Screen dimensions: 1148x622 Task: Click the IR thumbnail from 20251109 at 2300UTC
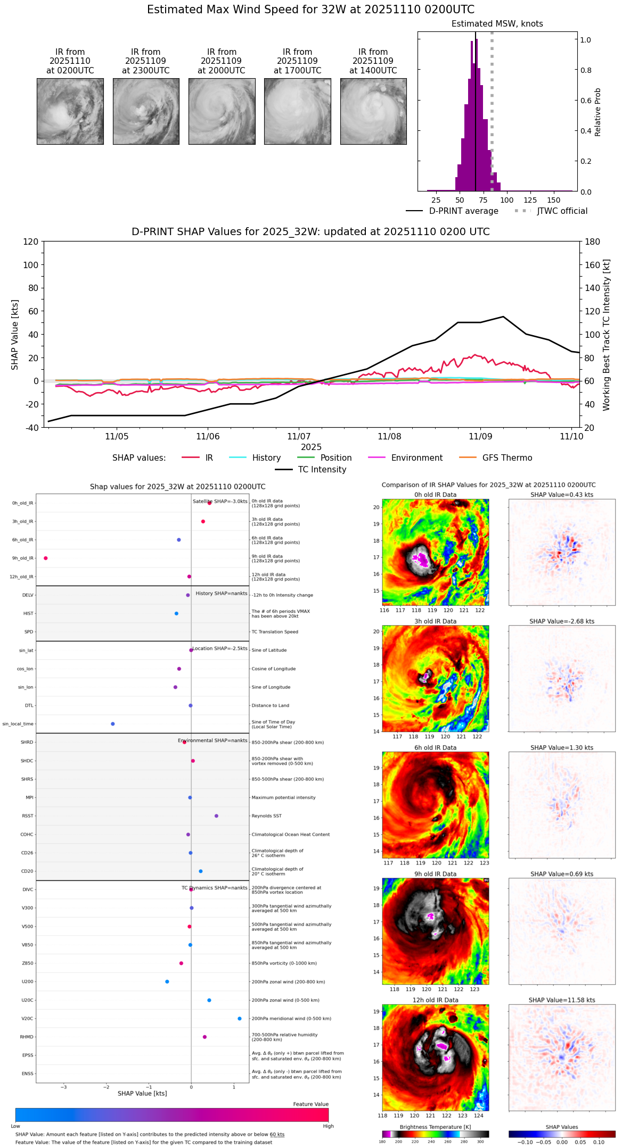click(146, 111)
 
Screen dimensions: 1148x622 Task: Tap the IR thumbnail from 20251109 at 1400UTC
click(373, 111)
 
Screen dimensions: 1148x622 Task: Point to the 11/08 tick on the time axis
click(389, 436)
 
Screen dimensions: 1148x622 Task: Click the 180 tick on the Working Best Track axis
click(593, 242)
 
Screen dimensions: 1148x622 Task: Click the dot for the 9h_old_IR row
click(46, 558)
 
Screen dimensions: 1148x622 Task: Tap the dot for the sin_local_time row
click(112, 723)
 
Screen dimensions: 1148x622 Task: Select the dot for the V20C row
click(240, 1018)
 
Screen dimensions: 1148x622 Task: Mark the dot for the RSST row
click(216, 816)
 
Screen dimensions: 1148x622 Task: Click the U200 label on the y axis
click(27, 981)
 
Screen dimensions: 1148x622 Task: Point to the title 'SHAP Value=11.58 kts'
click(562, 1000)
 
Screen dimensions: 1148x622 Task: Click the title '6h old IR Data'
click(435, 747)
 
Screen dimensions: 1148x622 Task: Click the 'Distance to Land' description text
click(270, 705)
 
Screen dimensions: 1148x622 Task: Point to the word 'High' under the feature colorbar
click(328, 1126)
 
